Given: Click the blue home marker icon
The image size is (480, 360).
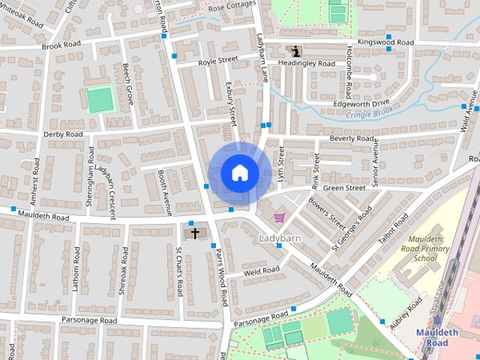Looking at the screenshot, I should tap(239, 173).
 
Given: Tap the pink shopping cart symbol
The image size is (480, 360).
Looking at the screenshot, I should tap(279, 217).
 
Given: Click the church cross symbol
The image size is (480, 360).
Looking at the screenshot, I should tap(195, 233).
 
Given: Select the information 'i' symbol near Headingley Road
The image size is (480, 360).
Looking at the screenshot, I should tap(296, 51).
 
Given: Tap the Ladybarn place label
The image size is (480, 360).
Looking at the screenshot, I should tap(279, 238).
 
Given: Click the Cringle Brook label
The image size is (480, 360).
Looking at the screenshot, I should tap(370, 113).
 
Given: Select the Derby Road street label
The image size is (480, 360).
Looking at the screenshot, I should tap(63, 134).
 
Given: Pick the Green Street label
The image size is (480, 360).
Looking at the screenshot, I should tap(344, 187).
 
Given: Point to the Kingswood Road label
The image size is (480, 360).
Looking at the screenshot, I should tap(385, 43).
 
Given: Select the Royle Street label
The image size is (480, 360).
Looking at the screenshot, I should tap(217, 60).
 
